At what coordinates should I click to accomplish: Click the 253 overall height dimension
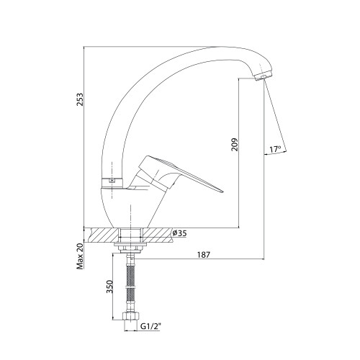point(80,99)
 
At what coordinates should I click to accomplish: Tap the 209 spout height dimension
point(235,144)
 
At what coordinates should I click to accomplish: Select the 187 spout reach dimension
point(204,255)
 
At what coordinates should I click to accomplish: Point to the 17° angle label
point(275,149)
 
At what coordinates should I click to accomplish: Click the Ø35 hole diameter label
point(179,233)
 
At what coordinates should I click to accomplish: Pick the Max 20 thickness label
point(80,256)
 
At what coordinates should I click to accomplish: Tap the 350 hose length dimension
point(109,287)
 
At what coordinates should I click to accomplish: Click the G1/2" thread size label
point(150,326)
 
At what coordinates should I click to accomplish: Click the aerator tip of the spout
point(264,76)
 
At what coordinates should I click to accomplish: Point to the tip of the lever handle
point(222,192)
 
